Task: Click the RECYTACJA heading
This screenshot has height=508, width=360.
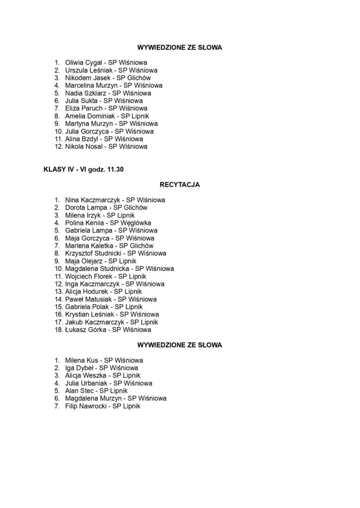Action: coord(179,185)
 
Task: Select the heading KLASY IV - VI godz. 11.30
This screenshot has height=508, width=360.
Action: coord(83,170)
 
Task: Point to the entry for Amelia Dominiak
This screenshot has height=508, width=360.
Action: coord(110,116)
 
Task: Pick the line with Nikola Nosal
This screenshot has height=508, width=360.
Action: coord(106,146)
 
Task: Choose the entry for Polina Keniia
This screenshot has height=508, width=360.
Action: coord(108,223)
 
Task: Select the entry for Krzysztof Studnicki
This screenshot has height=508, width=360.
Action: coord(115,254)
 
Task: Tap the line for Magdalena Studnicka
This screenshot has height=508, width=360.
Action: coord(119,269)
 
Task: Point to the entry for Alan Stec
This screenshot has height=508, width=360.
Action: coord(96,391)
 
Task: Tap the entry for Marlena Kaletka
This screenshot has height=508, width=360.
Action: coord(109,246)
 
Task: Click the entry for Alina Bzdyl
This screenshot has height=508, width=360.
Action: coord(104,139)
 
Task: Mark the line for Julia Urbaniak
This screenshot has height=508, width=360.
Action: coord(109,383)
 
